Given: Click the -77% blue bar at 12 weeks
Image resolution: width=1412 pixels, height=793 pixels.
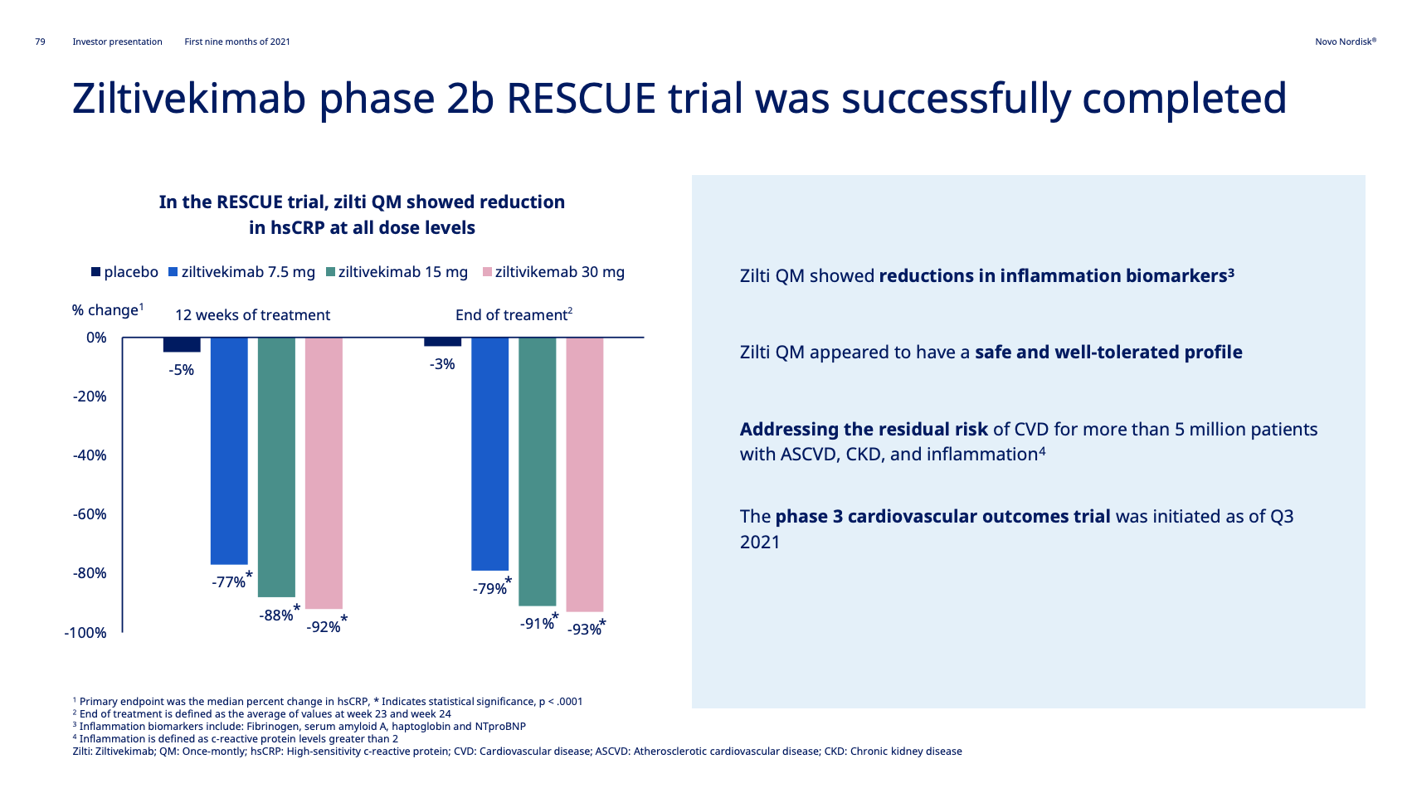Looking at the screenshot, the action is pos(229,450).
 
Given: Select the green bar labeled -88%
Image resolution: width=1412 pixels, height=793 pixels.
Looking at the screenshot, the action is pos(276,467).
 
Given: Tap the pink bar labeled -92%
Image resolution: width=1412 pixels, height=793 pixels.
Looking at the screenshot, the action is pos(324,473).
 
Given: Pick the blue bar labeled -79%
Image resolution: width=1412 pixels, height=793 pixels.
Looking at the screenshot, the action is pos(489,454).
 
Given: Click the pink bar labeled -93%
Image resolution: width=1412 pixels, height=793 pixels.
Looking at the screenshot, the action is pos(584,474).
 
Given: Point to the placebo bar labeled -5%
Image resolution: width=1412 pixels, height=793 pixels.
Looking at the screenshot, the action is pos(182,345).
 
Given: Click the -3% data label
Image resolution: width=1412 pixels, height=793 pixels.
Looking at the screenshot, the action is pos(442,364).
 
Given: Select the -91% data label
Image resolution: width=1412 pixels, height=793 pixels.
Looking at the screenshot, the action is pos(537,624).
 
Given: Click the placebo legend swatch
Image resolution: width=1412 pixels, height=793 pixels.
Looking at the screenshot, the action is pos(95,272).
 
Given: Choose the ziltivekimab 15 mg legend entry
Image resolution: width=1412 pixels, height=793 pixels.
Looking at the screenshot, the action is pos(397,272).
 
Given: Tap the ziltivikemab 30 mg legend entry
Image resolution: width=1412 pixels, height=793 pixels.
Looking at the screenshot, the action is pos(553,272).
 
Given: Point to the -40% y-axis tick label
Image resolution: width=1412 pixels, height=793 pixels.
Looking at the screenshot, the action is pos(90,455).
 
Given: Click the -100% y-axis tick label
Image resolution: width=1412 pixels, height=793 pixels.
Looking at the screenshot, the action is pos(85,633).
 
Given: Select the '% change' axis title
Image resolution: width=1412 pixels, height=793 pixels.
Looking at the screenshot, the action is pos(108,310).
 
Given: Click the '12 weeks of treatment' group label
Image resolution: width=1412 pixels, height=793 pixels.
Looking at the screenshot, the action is pos(252,315).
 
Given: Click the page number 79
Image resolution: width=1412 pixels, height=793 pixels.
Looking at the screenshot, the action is pos(41,41).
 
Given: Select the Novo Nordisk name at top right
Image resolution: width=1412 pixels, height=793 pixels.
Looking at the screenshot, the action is pos(1345,41).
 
